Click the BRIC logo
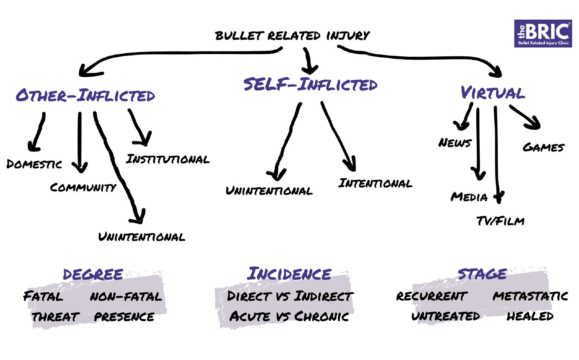click(543, 33)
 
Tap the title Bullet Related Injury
click(292, 36)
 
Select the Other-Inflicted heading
click(85, 96)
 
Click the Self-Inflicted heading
click(310, 84)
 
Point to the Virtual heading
click(493, 93)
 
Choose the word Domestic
click(34, 164)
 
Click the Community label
click(83, 187)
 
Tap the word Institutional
click(168, 159)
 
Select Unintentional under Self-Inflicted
click(269, 191)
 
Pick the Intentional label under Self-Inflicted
click(375, 183)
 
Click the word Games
click(543, 147)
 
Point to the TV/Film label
click(500, 221)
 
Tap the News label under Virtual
click(454, 143)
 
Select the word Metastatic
click(530, 296)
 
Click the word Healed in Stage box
click(530, 316)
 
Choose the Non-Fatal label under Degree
click(126, 296)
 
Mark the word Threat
click(56, 317)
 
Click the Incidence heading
click(289, 274)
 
